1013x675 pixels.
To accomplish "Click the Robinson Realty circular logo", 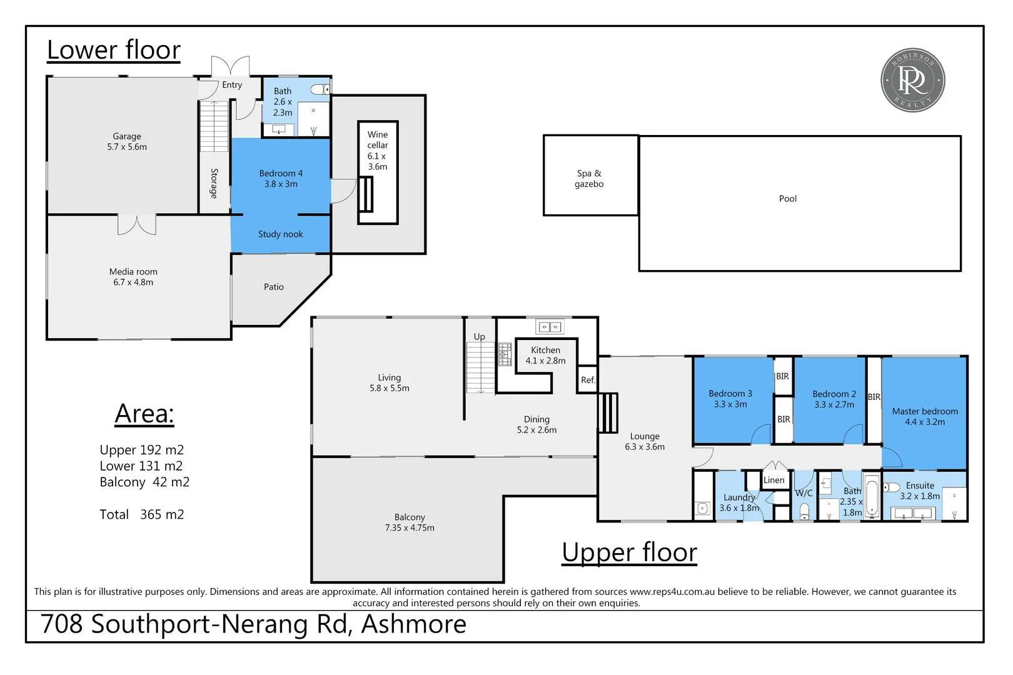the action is click(912, 80).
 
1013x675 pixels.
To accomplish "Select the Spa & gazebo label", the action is click(589, 179).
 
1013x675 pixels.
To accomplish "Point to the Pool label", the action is click(788, 199).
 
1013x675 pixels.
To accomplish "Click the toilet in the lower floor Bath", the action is click(320, 89).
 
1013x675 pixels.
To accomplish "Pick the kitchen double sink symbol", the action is click(550, 326).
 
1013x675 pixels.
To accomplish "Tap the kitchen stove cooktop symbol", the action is click(505, 354).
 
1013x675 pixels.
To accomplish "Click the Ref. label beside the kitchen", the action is click(588, 380).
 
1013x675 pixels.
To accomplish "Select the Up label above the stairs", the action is click(480, 337).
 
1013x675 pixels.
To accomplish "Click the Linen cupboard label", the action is click(774, 480).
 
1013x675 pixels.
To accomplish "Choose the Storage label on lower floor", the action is click(214, 183).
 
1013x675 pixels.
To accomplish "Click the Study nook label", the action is click(280, 234).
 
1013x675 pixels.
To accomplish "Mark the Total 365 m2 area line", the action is click(141, 514).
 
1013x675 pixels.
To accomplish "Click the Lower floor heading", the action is click(114, 50).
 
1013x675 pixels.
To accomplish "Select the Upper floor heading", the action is click(630, 552).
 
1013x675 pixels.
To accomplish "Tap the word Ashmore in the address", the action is click(414, 624).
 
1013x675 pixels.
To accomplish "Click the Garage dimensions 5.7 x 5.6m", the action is click(127, 147).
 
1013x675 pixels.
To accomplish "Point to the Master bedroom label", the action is click(925, 411).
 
